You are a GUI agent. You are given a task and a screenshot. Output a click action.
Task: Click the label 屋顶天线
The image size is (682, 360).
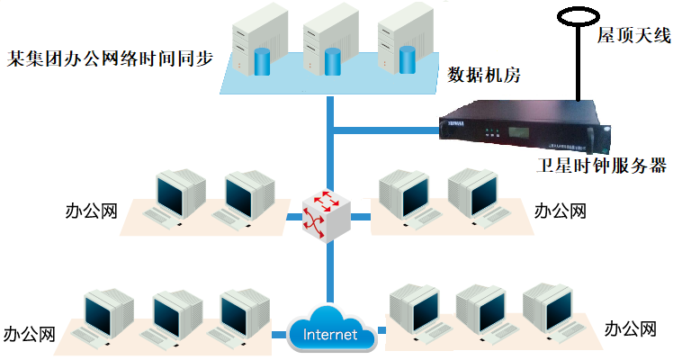[x=634, y=37]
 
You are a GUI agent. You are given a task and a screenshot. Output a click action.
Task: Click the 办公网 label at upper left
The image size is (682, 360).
[x=92, y=212]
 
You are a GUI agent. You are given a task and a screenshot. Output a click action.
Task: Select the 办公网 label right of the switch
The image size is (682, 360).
[x=560, y=211]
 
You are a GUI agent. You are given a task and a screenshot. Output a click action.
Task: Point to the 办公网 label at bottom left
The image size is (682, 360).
[x=30, y=334]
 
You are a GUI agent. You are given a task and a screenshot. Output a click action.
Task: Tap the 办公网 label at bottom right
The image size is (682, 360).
[x=631, y=328]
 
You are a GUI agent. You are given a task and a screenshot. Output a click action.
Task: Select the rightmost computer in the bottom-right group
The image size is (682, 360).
[x=548, y=310]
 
